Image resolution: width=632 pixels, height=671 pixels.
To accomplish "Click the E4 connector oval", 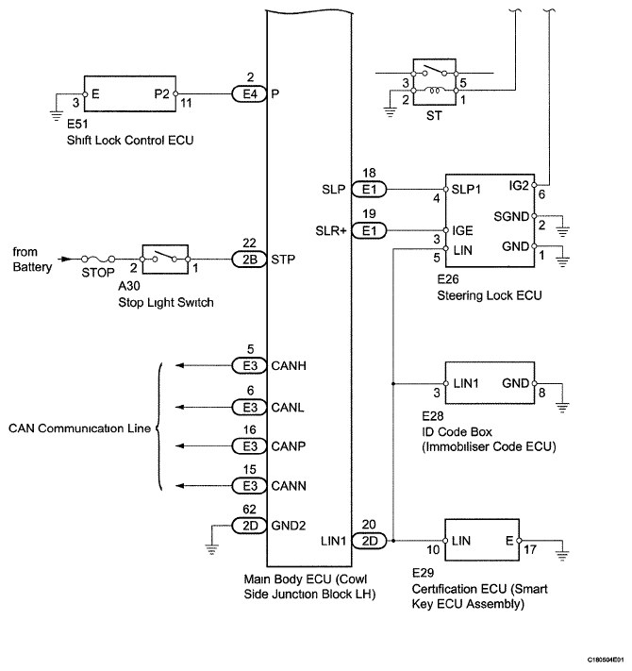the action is [249, 93].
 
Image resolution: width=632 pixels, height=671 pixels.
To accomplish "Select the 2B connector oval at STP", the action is [249, 260].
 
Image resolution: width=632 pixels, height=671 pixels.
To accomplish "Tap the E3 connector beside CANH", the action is [249, 365].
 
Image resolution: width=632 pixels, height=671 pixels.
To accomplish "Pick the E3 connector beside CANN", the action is [249, 486].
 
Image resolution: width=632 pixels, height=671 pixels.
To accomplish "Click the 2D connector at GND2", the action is [249, 526].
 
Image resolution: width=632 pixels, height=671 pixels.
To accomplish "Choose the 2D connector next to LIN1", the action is [370, 541].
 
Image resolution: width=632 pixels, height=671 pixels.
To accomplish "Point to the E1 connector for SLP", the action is [370, 189].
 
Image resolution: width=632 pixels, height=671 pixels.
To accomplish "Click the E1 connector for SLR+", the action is [370, 230].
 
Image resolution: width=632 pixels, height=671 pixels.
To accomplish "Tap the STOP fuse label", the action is [98, 273].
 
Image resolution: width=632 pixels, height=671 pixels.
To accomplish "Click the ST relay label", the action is [434, 115].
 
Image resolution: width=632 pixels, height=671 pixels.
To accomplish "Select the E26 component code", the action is [448, 279].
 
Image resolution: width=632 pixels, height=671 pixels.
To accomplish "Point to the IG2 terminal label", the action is [519, 185].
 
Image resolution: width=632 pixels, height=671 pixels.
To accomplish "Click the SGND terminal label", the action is [511, 216].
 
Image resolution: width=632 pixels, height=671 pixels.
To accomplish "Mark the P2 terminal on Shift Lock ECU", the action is [162, 93].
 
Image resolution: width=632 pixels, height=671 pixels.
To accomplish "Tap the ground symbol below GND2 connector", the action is [211, 549].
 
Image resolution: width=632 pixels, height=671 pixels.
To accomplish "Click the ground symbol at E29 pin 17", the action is [562, 556].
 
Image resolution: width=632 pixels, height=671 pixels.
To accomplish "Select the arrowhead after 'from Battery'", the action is [64, 259].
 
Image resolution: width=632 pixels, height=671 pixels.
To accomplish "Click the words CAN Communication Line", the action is [79, 428].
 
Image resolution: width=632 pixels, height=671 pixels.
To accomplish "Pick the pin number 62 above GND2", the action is [249, 510].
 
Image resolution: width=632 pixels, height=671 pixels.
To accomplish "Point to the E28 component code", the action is [433, 416].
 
